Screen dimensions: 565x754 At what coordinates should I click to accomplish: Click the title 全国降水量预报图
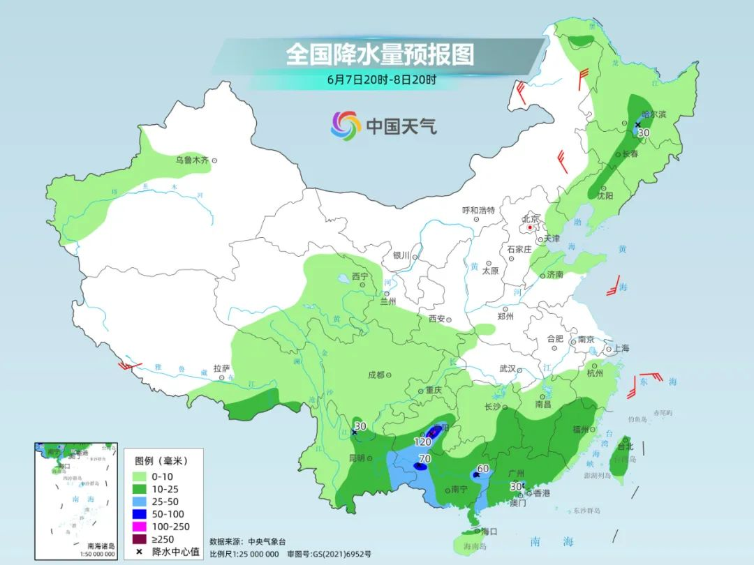click(x=379, y=54)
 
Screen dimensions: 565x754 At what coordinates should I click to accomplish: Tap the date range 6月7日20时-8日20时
click(x=381, y=80)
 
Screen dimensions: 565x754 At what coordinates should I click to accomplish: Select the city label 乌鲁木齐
click(x=192, y=160)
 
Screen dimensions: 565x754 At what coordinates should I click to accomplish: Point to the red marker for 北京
click(x=531, y=227)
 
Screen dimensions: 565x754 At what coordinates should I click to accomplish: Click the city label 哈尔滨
click(x=654, y=114)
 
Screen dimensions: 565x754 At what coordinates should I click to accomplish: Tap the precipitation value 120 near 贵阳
click(x=423, y=442)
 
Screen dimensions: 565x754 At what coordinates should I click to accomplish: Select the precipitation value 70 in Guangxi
click(x=424, y=458)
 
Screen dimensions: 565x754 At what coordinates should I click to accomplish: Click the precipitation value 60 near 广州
click(x=483, y=468)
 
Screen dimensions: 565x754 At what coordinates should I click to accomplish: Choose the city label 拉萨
click(x=221, y=368)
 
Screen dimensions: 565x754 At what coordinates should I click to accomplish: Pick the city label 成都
click(x=376, y=375)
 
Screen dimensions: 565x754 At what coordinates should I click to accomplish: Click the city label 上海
click(x=621, y=349)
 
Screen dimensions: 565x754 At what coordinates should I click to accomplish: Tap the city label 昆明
click(x=356, y=458)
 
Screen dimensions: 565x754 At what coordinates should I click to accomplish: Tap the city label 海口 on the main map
click(x=489, y=531)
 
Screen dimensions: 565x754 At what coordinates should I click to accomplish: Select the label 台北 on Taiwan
click(x=625, y=446)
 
